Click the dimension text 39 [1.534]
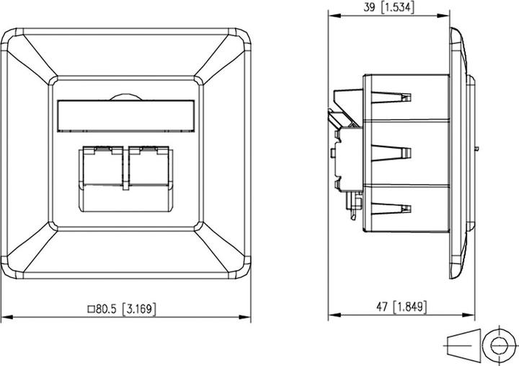[x=389, y=8]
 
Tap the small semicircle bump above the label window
[x=127, y=95]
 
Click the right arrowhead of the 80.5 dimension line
[x=247, y=316]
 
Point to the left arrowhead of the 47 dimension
[x=333, y=316]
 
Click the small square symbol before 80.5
[x=92, y=309]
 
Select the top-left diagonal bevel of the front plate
[x=32, y=54]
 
